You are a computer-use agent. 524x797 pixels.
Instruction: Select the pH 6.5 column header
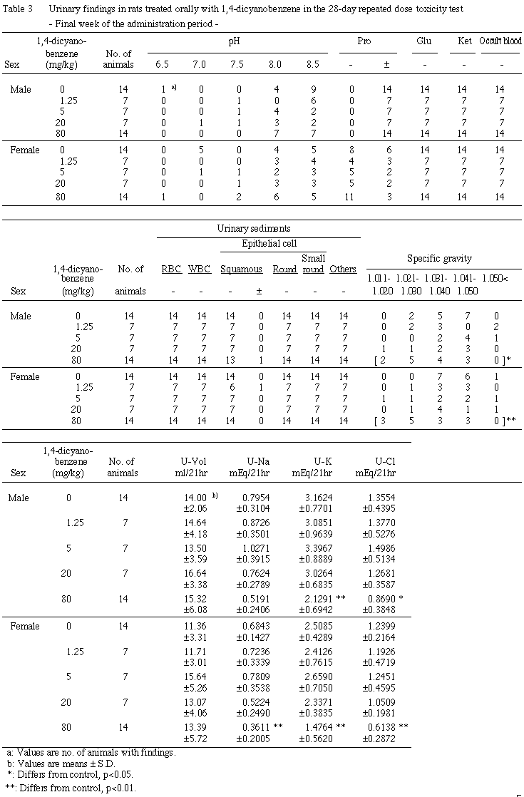(163, 65)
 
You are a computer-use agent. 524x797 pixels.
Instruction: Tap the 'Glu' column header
(424, 40)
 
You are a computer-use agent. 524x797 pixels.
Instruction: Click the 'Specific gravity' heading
(439, 258)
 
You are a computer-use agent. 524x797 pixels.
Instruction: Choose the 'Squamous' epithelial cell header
(241, 269)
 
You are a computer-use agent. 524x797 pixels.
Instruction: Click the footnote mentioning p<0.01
(70, 788)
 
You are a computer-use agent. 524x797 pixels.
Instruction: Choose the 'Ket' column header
(463, 40)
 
